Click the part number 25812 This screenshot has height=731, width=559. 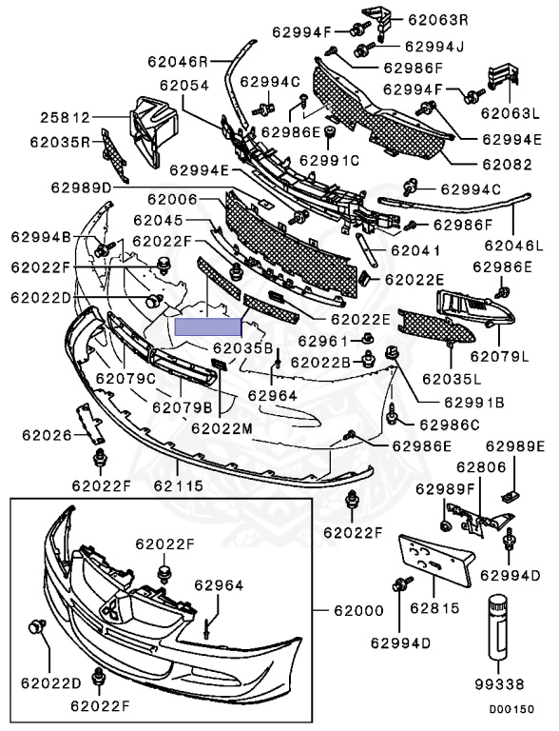[x=65, y=117]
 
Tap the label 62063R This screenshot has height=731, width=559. [x=438, y=20]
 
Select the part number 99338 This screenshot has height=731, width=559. [x=499, y=684]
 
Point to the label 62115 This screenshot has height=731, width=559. [x=179, y=485]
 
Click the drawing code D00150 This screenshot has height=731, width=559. [x=511, y=709]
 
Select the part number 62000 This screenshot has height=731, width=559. [x=358, y=610]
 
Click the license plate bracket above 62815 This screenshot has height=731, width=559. [x=436, y=561]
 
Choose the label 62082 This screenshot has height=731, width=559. [x=507, y=164]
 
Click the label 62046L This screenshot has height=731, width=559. [x=513, y=246]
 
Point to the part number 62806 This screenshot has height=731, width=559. [x=481, y=467]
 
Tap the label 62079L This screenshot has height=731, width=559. [x=500, y=356]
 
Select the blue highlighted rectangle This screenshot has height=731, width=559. [x=208, y=327]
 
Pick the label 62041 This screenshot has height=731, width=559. [x=415, y=251]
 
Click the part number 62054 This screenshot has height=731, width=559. [x=184, y=86]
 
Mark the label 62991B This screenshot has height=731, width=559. [x=473, y=402]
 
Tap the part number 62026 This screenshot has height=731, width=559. [x=47, y=435]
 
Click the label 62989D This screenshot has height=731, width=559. [x=82, y=188]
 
